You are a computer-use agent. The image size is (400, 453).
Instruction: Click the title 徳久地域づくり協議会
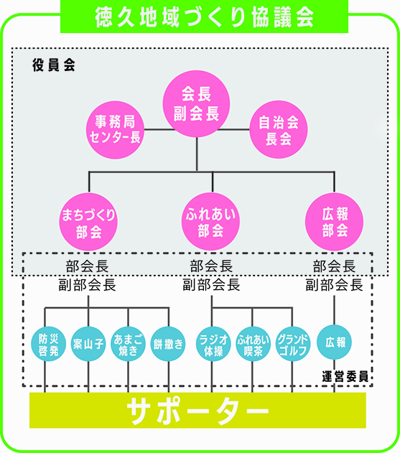204,17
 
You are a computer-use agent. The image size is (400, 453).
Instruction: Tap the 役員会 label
54,65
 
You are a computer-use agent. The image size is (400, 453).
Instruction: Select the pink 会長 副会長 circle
196,103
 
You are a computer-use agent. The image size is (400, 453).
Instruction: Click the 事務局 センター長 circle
116,130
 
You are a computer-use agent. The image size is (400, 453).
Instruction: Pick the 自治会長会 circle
279,129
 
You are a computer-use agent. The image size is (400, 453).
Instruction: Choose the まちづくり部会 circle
88,222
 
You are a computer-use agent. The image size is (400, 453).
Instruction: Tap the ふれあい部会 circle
210,222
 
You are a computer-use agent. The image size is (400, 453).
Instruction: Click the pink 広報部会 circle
335,222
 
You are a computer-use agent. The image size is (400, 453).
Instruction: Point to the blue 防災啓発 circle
49,344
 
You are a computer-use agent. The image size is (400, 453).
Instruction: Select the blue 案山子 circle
88,344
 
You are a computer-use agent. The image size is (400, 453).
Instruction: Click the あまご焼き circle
128,344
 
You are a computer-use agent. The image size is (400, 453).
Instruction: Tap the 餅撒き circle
168,344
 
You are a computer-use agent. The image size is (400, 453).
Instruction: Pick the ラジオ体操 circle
213,344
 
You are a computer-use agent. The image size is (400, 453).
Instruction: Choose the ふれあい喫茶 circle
253,344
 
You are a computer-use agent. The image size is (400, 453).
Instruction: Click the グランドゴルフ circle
293,344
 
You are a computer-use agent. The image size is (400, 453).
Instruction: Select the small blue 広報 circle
335,342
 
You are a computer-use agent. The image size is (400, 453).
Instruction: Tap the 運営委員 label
345,377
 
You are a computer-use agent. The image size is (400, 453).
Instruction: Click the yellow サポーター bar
197,410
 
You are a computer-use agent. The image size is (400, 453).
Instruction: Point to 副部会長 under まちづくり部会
88,285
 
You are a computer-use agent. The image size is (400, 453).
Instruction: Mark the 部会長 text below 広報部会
334,266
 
